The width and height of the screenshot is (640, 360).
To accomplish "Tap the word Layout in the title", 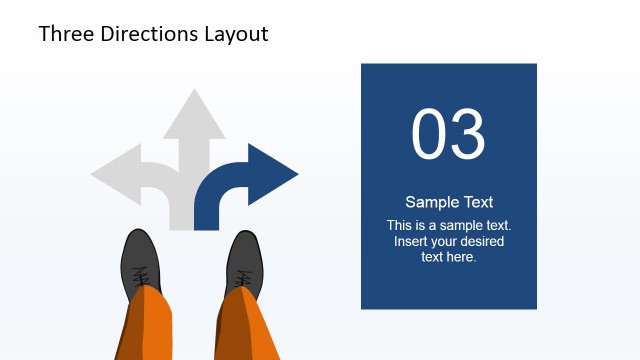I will point(236,33).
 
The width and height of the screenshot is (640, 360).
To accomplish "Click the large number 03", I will point(448,135).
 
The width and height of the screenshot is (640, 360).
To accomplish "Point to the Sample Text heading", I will point(449,202).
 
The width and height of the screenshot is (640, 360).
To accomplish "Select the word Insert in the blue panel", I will point(411,241).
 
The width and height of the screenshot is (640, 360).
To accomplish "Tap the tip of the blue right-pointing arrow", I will point(296,175).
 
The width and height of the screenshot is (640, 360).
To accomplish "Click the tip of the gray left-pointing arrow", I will point(93,175).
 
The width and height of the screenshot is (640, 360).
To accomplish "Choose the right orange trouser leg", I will point(246,325).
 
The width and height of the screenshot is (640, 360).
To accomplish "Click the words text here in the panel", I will point(449,257).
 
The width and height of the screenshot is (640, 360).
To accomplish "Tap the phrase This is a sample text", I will point(449,225).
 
